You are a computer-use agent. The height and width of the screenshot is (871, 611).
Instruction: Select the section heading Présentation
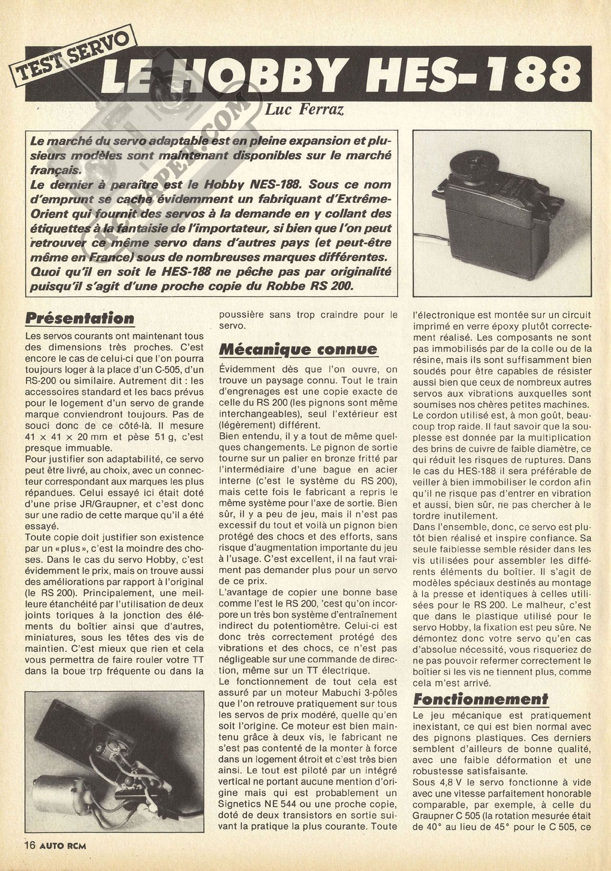(x=80, y=319)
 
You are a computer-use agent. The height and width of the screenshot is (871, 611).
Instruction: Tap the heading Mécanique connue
(x=298, y=349)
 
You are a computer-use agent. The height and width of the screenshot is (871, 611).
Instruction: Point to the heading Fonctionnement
(x=480, y=699)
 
